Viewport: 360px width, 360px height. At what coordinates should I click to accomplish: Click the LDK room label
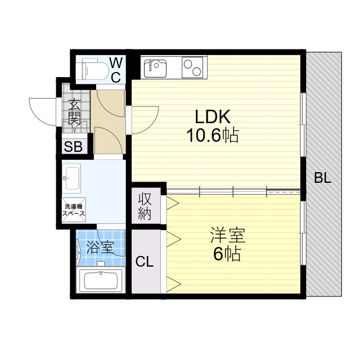(213, 117)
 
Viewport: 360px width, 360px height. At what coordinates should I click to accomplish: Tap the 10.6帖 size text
(213, 136)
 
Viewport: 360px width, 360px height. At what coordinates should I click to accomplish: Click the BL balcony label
(323, 179)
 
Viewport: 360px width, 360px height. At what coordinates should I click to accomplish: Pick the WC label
(115, 69)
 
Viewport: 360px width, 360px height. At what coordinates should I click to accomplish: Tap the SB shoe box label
(74, 147)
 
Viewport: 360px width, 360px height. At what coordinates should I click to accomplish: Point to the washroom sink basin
(71, 178)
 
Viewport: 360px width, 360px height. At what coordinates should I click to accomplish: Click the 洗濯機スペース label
(74, 210)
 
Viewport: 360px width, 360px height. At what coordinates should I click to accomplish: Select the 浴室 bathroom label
(101, 246)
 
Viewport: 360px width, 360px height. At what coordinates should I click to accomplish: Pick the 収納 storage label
(145, 206)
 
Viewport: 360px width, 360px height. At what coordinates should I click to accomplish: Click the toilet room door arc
(108, 101)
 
